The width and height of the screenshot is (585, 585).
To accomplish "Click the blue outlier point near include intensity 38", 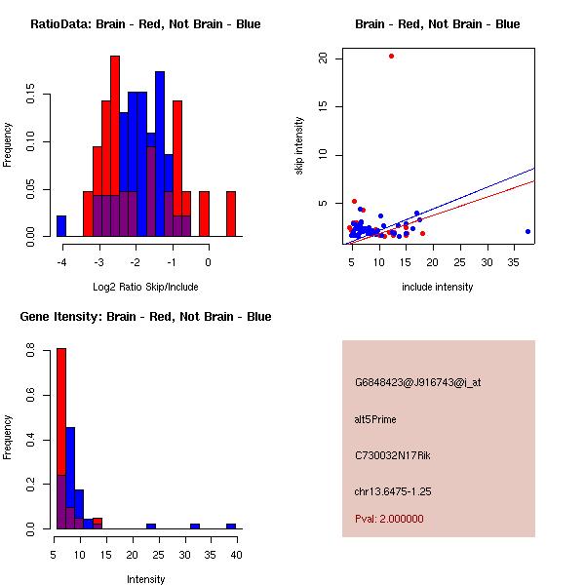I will [x=527, y=231].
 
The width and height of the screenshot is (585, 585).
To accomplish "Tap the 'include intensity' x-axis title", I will [x=438, y=287].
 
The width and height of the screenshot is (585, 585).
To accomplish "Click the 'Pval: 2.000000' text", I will [x=389, y=519].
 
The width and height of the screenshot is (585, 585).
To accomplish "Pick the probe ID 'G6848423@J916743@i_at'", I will [x=418, y=382].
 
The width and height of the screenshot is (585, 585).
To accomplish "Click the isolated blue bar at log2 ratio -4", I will [x=61, y=226].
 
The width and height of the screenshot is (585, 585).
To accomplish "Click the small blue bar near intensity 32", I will [x=195, y=526].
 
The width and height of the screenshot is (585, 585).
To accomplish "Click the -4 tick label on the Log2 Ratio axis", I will [x=61, y=262].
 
